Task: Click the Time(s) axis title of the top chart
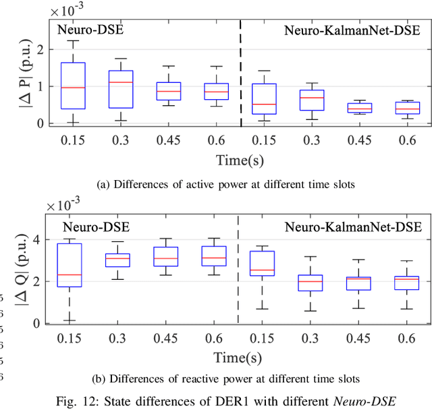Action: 240,160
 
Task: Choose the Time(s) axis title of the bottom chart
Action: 240,357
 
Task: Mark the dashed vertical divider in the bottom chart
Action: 238,270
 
